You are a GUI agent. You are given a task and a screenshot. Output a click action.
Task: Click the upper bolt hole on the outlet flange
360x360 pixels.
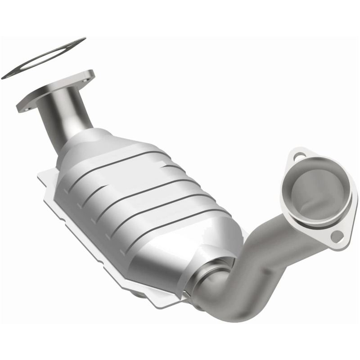tap(298, 157)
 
